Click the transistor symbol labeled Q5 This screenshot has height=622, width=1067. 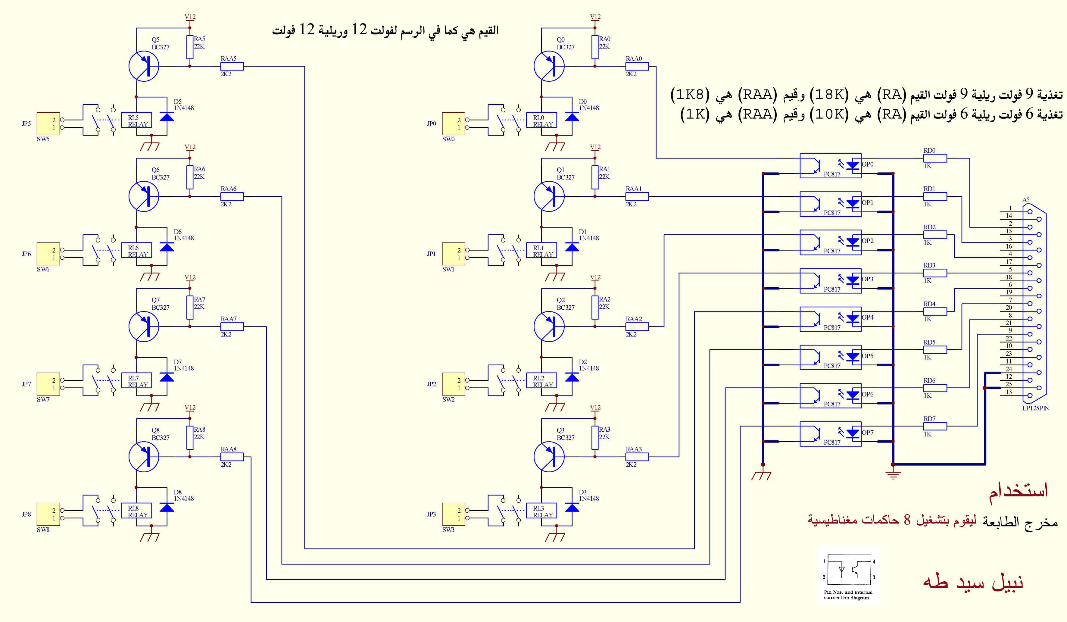coord(144,66)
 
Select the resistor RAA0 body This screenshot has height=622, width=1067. coord(637,66)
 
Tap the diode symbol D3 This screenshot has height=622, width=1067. coord(572,508)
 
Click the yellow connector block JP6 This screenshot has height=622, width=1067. coord(48,254)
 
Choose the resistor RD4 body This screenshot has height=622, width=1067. coord(935,311)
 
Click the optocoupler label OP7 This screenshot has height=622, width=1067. coord(868,432)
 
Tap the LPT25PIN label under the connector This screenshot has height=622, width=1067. coord(1036,408)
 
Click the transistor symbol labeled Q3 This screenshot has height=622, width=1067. coord(549,457)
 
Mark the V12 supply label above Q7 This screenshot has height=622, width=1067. coord(190,277)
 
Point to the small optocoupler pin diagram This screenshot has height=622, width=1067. coord(849,575)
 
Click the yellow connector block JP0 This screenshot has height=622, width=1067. coord(454,123)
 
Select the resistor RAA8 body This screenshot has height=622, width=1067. coord(232,457)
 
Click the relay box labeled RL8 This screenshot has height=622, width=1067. coord(136,511)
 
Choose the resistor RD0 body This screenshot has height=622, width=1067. coord(935,158)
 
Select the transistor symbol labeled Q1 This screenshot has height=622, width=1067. coord(549,196)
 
